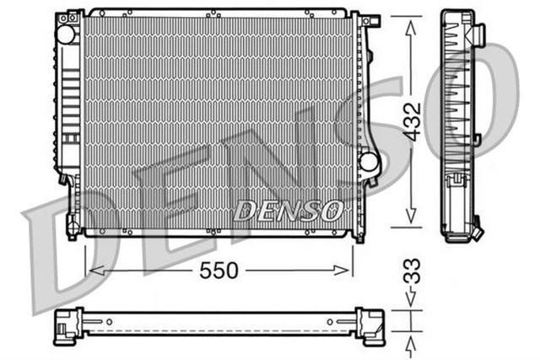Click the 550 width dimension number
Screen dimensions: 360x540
(218, 271)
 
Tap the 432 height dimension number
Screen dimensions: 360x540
(409, 122)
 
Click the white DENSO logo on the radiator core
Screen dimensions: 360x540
(287, 209)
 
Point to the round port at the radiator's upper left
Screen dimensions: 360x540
(65, 34)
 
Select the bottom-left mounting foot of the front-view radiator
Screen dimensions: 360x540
(73, 228)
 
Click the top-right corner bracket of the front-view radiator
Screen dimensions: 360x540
(357, 19)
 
